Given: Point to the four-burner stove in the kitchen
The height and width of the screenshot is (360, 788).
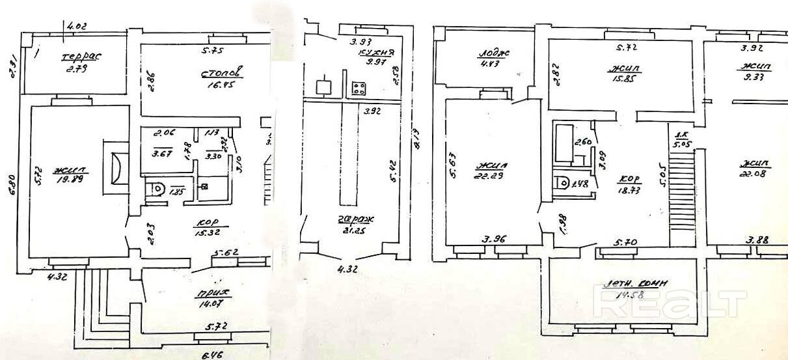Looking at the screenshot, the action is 359,89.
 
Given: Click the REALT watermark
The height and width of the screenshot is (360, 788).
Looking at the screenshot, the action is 671,303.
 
